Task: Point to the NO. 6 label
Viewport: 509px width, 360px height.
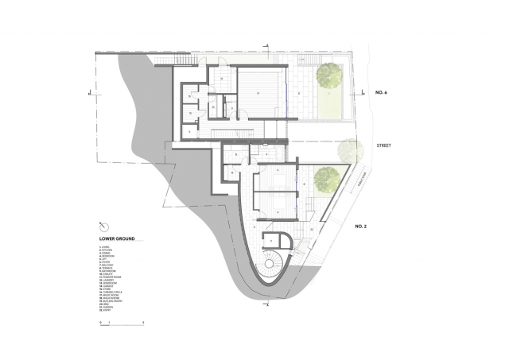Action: pos(380,93)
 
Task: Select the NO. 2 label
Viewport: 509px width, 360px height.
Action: pos(359,226)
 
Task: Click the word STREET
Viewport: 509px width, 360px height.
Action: pos(385,146)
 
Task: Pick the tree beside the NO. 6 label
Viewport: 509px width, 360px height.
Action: pos(328,75)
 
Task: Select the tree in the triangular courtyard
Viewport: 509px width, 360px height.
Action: pos(324,179)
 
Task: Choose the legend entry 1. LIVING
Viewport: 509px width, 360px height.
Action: pos(104,247)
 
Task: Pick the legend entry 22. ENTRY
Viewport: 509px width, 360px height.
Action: pos(104,310)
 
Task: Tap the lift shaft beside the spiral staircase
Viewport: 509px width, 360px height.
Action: pos(284,241)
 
